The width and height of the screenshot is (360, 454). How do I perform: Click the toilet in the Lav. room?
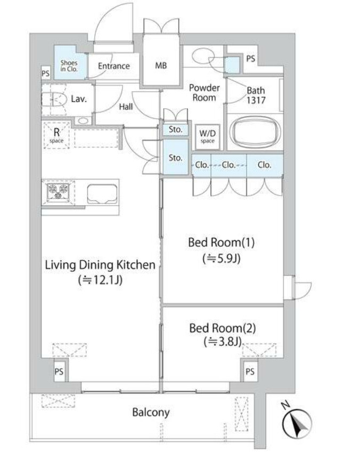(54, 100)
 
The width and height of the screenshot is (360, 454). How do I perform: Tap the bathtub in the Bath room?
(255, 132)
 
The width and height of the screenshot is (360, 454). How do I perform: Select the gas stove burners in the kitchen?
(58, 192)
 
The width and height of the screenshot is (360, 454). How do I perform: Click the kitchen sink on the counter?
(102, 194)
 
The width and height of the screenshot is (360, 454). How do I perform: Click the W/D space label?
(208, 136)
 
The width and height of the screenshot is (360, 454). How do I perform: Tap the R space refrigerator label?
(56, 135)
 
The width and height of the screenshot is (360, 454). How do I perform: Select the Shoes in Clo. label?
(69, 66)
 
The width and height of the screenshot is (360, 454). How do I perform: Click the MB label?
(161, 66)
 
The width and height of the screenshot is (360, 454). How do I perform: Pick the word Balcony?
(151, 412)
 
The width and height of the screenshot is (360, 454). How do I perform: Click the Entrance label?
(114, 66)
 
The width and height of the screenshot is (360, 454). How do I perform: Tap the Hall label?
(126, 107)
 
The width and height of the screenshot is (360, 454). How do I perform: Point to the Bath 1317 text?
(256, 95)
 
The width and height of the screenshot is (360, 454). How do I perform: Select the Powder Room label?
(204, 93)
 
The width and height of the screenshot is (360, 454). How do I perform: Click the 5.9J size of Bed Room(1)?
(222, 258)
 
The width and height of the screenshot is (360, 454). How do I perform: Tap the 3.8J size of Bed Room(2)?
(223, 342)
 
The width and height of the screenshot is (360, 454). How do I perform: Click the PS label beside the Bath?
(251, 59)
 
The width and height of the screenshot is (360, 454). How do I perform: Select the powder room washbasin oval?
(203, 55)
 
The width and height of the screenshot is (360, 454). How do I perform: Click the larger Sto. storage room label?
(175, 158)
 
